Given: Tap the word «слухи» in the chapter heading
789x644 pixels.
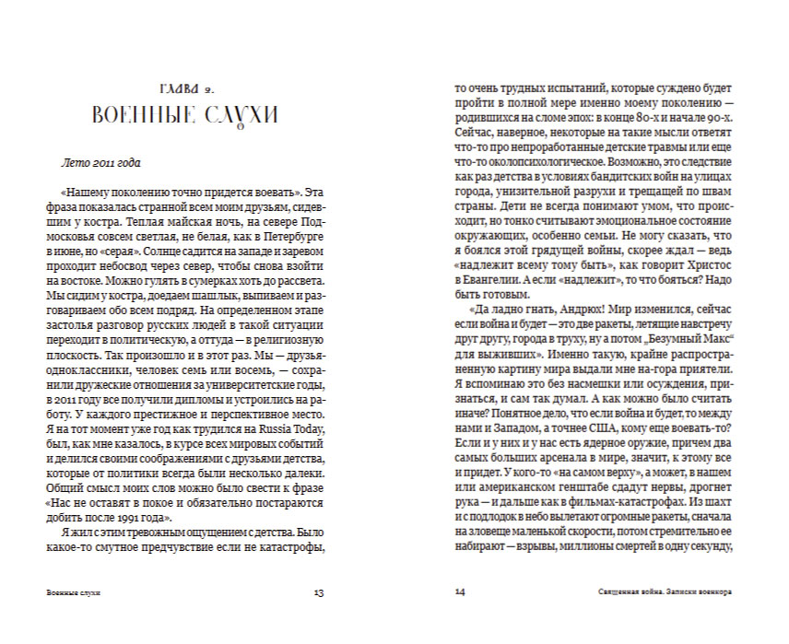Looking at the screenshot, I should (x=238, y=116).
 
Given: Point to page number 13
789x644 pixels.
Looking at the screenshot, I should (x=319, y=592).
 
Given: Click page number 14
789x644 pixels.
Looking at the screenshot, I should (x=462, y=592).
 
